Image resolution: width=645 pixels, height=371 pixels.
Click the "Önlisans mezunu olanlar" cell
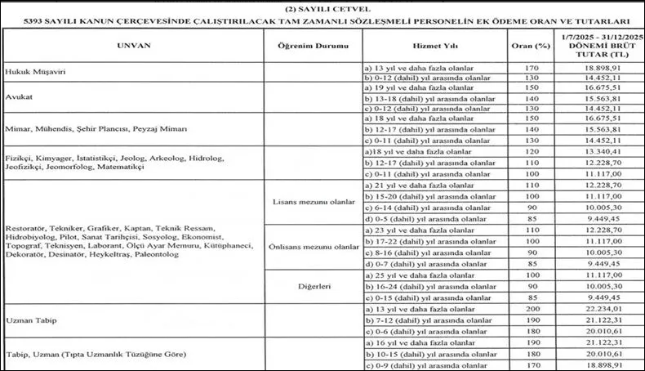pos(314,247)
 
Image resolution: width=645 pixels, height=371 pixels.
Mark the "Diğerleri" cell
pos(314,286)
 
